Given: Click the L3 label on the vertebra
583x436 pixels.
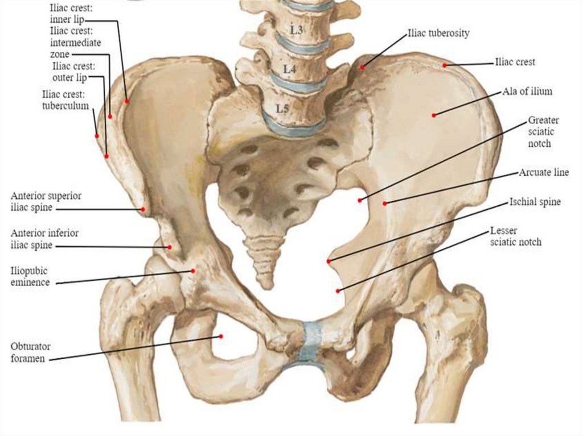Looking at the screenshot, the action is (x=295, y=29).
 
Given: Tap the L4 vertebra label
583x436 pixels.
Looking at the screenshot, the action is (x=289, y=69).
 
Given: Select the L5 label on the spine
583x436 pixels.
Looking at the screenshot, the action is (x=283, y=107).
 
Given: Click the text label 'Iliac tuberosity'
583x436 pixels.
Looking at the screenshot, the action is (x=438, y=33).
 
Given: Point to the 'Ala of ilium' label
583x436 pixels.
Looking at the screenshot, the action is (x=527, y=91).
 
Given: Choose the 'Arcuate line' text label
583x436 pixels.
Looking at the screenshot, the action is (x=544, y=172).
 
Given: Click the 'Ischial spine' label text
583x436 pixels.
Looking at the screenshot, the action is (x=535, y=202).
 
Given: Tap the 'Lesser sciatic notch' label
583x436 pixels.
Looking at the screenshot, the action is (x=515, y=237).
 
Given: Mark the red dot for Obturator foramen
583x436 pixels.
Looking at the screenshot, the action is (x=221, y=336).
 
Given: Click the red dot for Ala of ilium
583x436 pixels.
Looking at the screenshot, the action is (x=434, y=115).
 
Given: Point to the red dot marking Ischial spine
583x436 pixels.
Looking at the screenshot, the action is (x=329, y=261).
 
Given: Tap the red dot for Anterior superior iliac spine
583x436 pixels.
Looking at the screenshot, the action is (x=143, y=209).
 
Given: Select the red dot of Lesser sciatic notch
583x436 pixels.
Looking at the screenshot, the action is (x=338, y=290).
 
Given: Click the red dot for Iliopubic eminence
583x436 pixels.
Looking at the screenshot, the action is (x=194, y=271).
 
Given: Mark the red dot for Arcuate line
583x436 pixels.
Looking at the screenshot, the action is (x=385, y=203).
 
